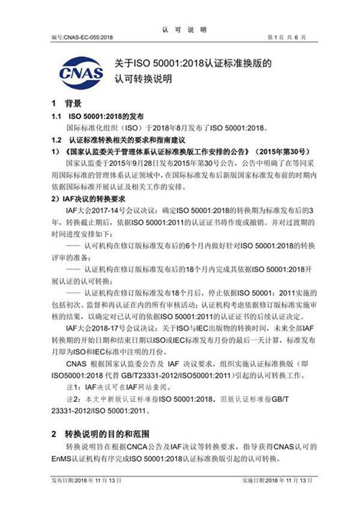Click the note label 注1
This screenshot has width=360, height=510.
pyautogui.click(x=74, y=387)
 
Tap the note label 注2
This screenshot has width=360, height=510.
pyautogui.click(x=74, y=398)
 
